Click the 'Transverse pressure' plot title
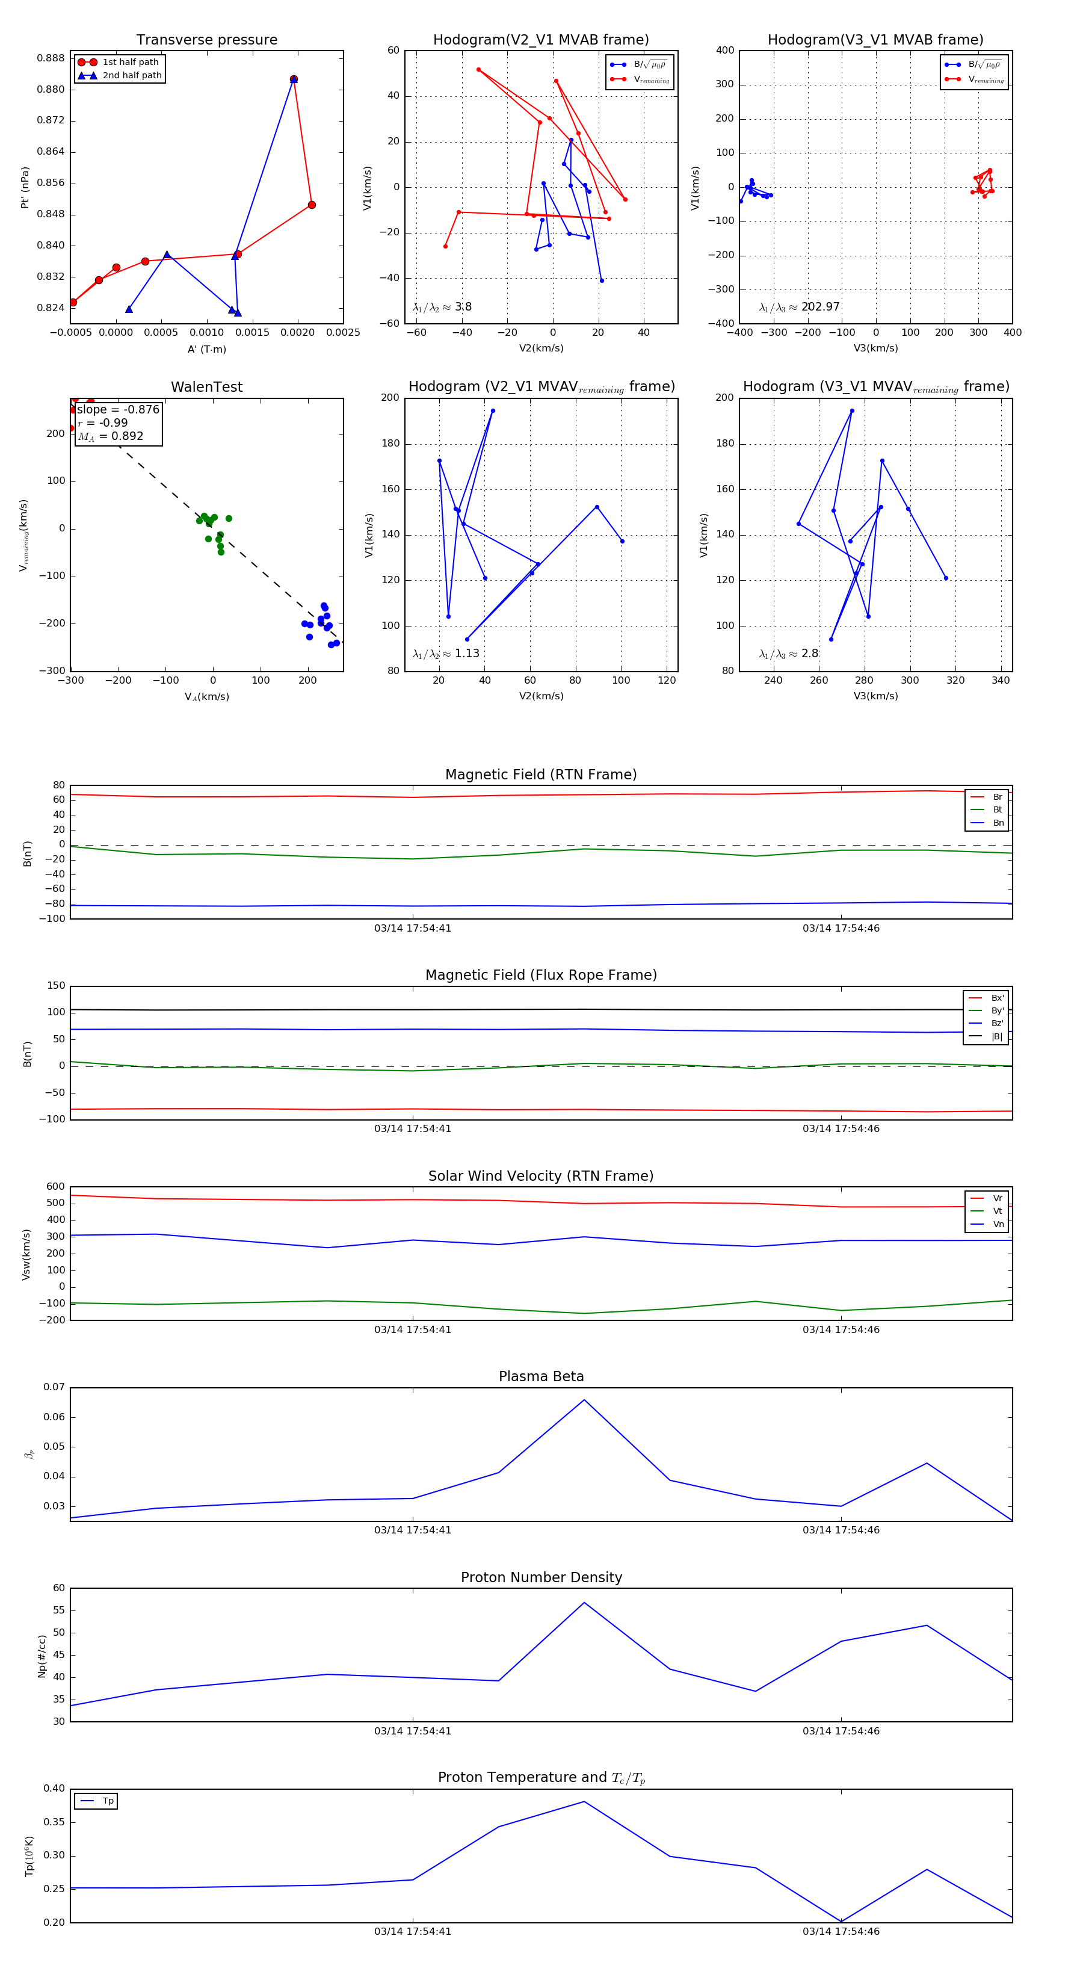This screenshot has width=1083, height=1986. pos(206,40)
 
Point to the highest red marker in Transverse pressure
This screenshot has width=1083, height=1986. pos(294,79)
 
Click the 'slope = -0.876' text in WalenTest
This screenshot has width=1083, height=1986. pos(118,409)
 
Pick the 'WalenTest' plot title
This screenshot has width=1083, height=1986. pos(206,387)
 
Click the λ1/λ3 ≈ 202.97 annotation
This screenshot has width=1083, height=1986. pos(800,307)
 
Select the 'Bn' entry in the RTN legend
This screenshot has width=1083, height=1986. pos(998,823)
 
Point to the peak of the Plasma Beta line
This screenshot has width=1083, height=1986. pos(584,1399)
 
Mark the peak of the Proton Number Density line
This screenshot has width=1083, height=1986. pos(584,1603)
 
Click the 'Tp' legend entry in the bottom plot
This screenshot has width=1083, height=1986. pos(108,1801)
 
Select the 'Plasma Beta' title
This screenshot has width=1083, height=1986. pos(541,1376)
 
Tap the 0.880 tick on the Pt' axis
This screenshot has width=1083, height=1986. pos(51,90)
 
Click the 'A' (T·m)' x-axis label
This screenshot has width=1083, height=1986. pos(206,349)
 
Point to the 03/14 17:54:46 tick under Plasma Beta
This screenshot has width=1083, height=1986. pos(841,1530)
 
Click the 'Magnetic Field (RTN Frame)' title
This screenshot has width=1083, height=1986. pos(541,775)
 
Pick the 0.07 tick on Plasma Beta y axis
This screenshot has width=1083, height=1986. pos(54,1387)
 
